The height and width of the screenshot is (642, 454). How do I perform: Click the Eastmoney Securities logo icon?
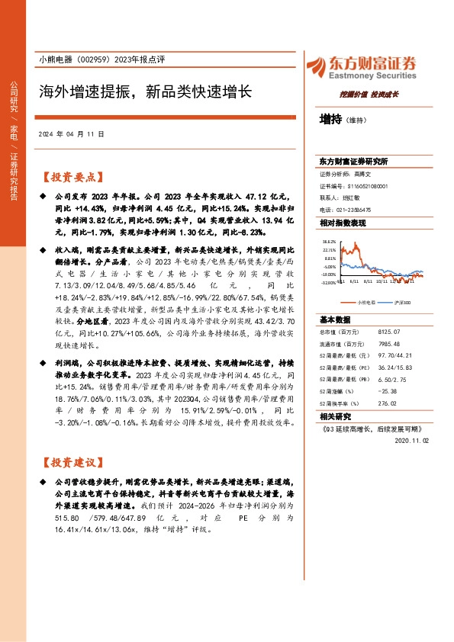pos(317,65)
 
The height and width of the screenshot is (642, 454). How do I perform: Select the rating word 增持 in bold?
pos(330,120)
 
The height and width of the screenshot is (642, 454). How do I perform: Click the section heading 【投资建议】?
pos(70,462)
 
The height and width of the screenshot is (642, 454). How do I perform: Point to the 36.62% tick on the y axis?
pos(330,239)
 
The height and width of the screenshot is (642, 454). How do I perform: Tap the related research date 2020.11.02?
pos(412,441)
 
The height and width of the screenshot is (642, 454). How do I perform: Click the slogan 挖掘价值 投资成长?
pos(369,95)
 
